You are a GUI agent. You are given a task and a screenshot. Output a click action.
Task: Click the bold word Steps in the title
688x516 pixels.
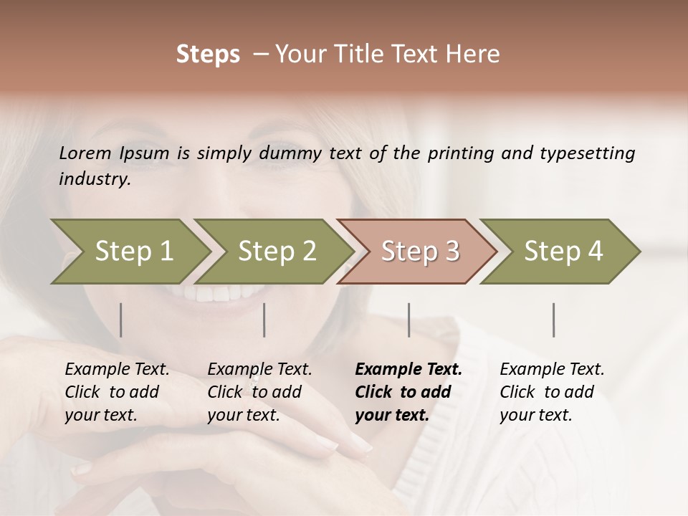pyautogui.click(x=208, y=54)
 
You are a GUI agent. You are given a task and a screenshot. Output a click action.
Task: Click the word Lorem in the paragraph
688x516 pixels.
pyautogui.click(x=85, y=153)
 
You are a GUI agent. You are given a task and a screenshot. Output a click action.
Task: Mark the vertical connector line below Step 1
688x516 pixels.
pyautogui.click(x=121, y=320)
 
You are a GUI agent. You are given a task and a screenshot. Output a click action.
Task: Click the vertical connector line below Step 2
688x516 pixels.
pyautogui.click(x=264, y=320)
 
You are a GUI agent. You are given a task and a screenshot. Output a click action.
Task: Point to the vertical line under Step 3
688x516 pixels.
pyautogui.click(x=409, y=320)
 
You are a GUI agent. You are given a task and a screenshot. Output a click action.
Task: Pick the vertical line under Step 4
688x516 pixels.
pyautogui.click(x=554, y=320)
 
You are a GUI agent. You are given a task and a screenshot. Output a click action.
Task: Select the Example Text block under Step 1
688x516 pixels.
pyautogui.click(x=117, y=392)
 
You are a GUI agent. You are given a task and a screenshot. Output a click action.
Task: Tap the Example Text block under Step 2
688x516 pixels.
pyautogui.click(x=259, y=392)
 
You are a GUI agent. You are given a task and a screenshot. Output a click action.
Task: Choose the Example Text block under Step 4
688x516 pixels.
pyautogui.click(x=552, y=392)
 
